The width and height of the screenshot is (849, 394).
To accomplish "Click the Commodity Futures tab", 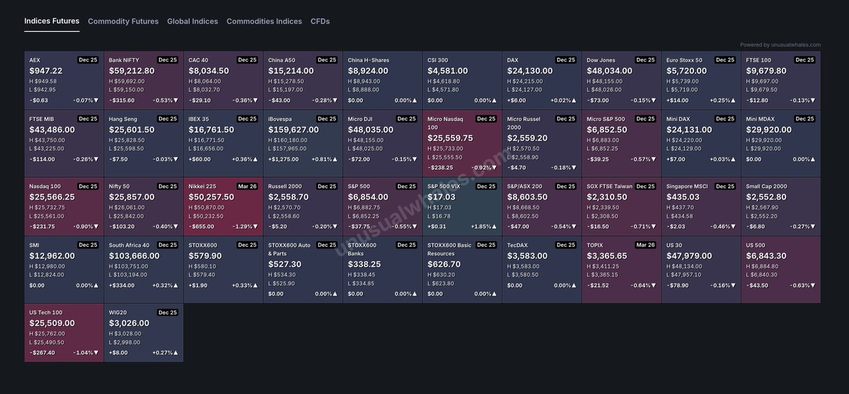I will point(123,21).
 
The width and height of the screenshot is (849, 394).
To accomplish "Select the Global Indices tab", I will point(192,21).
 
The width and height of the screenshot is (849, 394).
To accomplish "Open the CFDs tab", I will point(320,21).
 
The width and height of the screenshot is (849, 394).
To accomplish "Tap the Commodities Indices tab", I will point(264,21).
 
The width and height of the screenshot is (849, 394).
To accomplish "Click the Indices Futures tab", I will point(52,21).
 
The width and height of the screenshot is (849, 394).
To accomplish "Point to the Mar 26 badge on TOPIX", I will point(645,245).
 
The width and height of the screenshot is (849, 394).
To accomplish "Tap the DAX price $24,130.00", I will point(529,71).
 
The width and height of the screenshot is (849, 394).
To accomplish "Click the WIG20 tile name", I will point(117,312).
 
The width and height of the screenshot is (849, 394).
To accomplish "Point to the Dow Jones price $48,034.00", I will point(609,71).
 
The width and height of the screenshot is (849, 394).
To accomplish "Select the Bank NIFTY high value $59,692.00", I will point(128,81).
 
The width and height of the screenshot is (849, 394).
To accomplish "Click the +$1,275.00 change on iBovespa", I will point(284,159).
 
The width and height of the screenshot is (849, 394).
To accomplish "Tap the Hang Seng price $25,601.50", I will point(131,130).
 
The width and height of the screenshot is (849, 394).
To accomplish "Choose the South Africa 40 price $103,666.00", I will point(134,255).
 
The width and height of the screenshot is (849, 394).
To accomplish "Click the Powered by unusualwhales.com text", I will point(780,45).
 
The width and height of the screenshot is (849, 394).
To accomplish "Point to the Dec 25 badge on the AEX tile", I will point(88,60).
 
